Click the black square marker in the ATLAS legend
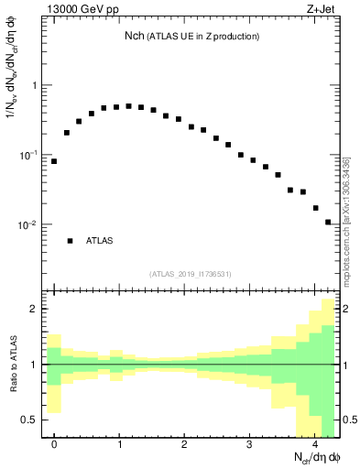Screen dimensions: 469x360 coord(70,241)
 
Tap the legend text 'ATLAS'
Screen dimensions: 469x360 coord(100,241)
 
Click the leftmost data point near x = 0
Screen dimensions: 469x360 coord(54,161)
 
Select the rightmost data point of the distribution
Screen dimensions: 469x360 coord(328,222)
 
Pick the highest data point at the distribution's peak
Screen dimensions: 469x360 coord(129,106)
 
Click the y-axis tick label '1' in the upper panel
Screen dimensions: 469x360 coord(35,86)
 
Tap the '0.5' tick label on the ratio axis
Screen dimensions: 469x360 coord(29,420)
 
